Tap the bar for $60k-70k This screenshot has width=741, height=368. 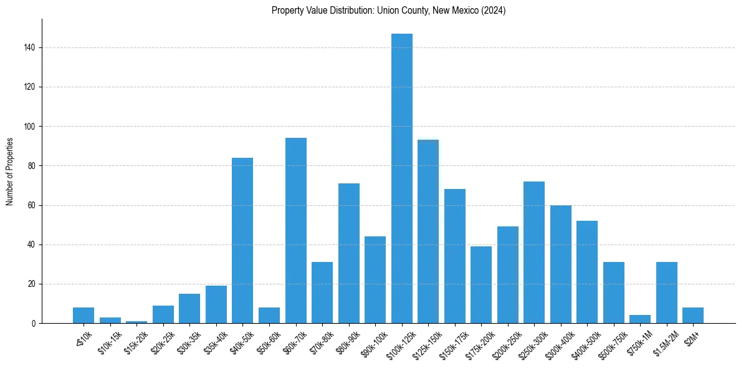pos(295,231)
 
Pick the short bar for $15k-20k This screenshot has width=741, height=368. pos(136,322)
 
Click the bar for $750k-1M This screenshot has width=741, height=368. pos(640,319)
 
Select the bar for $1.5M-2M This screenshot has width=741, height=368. pos(667,293)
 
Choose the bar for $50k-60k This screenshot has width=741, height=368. pos(269,315)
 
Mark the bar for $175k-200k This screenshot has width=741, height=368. pos(481,284)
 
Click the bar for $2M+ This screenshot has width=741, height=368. pos(693,315)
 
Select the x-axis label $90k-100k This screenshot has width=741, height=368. pos(374,341)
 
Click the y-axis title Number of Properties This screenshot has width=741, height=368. pos(9,172)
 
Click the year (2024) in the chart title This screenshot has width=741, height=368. pos(494,11)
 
